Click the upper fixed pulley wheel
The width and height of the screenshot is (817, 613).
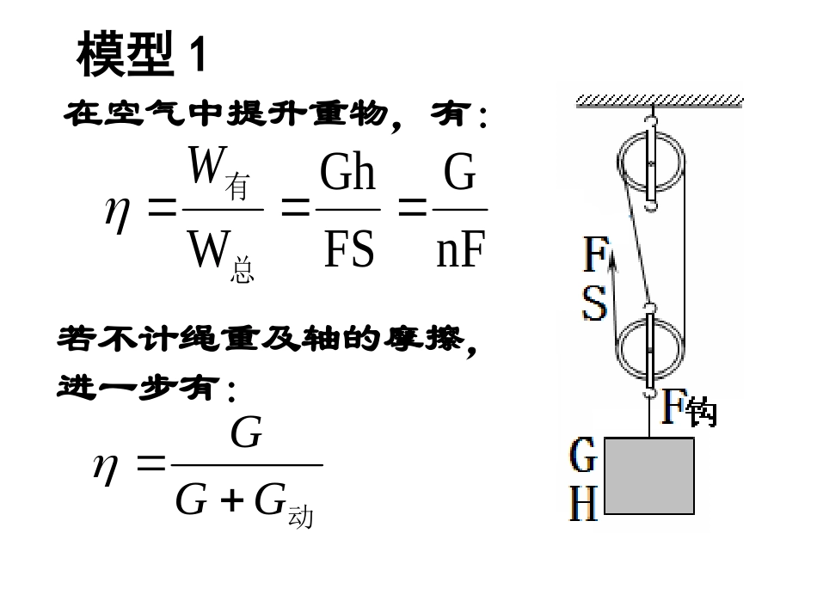point(651,163)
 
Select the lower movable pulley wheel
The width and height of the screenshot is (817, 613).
point(651,350)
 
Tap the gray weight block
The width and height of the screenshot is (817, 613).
point(649,475)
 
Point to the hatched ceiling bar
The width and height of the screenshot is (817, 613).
point(660,101)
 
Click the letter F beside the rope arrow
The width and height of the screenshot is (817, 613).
point(596,255)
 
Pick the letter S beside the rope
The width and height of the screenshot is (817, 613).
point(594,303)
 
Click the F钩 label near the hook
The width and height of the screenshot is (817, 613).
point(688,408)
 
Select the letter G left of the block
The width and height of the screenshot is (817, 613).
point(583,456)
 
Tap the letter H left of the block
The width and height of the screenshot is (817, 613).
point(583,503)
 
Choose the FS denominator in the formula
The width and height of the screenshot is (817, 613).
point(348,248)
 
